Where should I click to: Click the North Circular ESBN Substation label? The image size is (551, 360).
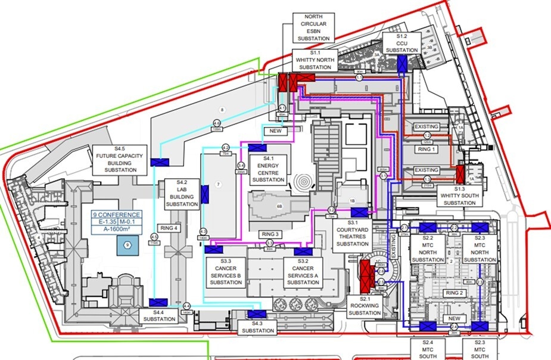[315, 28]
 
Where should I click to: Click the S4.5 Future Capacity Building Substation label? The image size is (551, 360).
[120, 159]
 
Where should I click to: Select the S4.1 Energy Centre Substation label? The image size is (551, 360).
[268, 169]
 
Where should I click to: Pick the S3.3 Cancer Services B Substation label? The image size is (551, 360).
[226, 272]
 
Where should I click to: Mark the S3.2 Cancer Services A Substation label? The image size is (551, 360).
[303, 272]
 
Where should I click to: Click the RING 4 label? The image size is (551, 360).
[170, 227]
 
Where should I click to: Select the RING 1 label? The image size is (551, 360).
[427, 149]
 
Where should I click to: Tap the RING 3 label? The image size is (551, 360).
[269, 235]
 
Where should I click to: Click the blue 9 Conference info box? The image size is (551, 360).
[117, 224]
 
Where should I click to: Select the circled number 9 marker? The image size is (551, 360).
[127, 244]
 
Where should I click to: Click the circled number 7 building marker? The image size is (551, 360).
[219, 185]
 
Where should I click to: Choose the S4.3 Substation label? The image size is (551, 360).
[257, 327]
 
